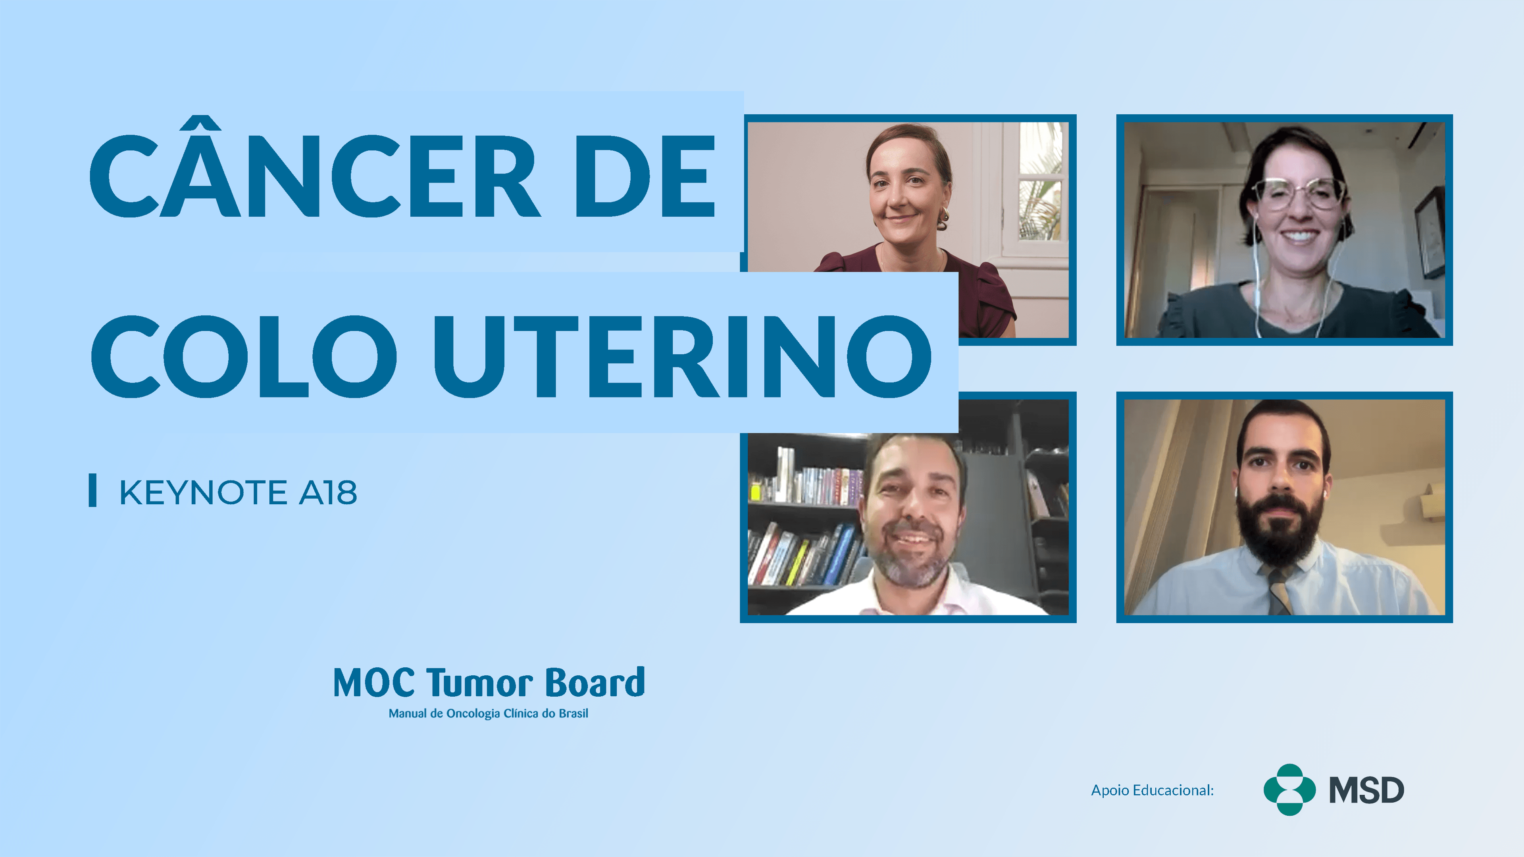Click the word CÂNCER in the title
tap(314, 176)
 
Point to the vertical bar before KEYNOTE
tap(92, 490)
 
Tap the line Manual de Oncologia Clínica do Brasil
tap(488, 713)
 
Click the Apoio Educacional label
tap(1152, 790)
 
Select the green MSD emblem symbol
tap(1289, 790)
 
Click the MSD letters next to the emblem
tap(1366, 791)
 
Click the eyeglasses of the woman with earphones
tap(1299, 193)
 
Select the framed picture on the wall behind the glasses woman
tap(1429, 234)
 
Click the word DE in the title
tap(645, 176)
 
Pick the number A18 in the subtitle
tap(328, 492)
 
